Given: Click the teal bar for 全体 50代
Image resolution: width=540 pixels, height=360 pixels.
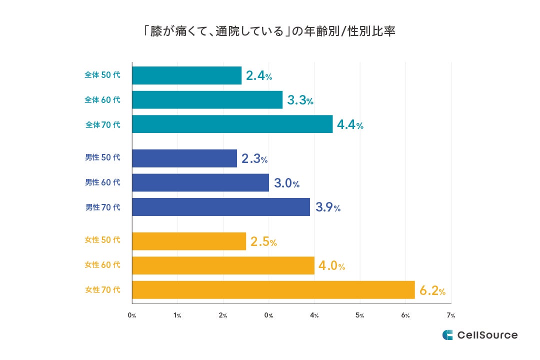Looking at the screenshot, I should pos(186,75).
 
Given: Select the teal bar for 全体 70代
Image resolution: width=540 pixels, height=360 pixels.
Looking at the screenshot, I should pos(232,124).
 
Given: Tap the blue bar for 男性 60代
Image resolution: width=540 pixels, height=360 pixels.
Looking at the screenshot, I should pos(200,182).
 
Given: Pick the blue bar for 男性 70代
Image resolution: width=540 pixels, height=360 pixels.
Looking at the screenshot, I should pos(221,207).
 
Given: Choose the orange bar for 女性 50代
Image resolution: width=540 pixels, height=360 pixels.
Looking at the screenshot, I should pos(189,241).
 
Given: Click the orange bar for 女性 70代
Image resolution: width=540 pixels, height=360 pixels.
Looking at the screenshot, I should pos(273,289).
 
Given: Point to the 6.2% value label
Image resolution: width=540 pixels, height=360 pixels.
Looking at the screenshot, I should pos(432,290).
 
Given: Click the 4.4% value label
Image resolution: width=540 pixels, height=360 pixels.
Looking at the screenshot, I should pos(350,124).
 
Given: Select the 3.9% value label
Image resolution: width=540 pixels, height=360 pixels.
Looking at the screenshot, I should pos(327,207).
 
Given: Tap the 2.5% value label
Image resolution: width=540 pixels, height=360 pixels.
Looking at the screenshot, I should pos(263,241).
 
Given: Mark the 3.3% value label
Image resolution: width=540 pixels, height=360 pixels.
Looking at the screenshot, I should pos(300,100).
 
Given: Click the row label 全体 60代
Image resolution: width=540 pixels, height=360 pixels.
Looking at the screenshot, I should pos(102,99).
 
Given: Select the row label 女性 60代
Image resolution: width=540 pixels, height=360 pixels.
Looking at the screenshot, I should pos(102,265).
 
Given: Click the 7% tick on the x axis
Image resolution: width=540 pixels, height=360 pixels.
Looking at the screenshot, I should pos(451,315).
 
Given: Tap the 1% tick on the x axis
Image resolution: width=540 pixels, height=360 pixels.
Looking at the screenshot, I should pos(177,315).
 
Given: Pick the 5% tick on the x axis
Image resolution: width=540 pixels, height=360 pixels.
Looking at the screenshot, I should pos(359,315).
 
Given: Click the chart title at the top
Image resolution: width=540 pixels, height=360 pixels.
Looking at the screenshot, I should pos(270,31).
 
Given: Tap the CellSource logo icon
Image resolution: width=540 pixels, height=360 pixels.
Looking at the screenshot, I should pos(447,335).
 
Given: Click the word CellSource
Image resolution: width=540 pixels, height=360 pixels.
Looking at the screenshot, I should pos(487,335).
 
